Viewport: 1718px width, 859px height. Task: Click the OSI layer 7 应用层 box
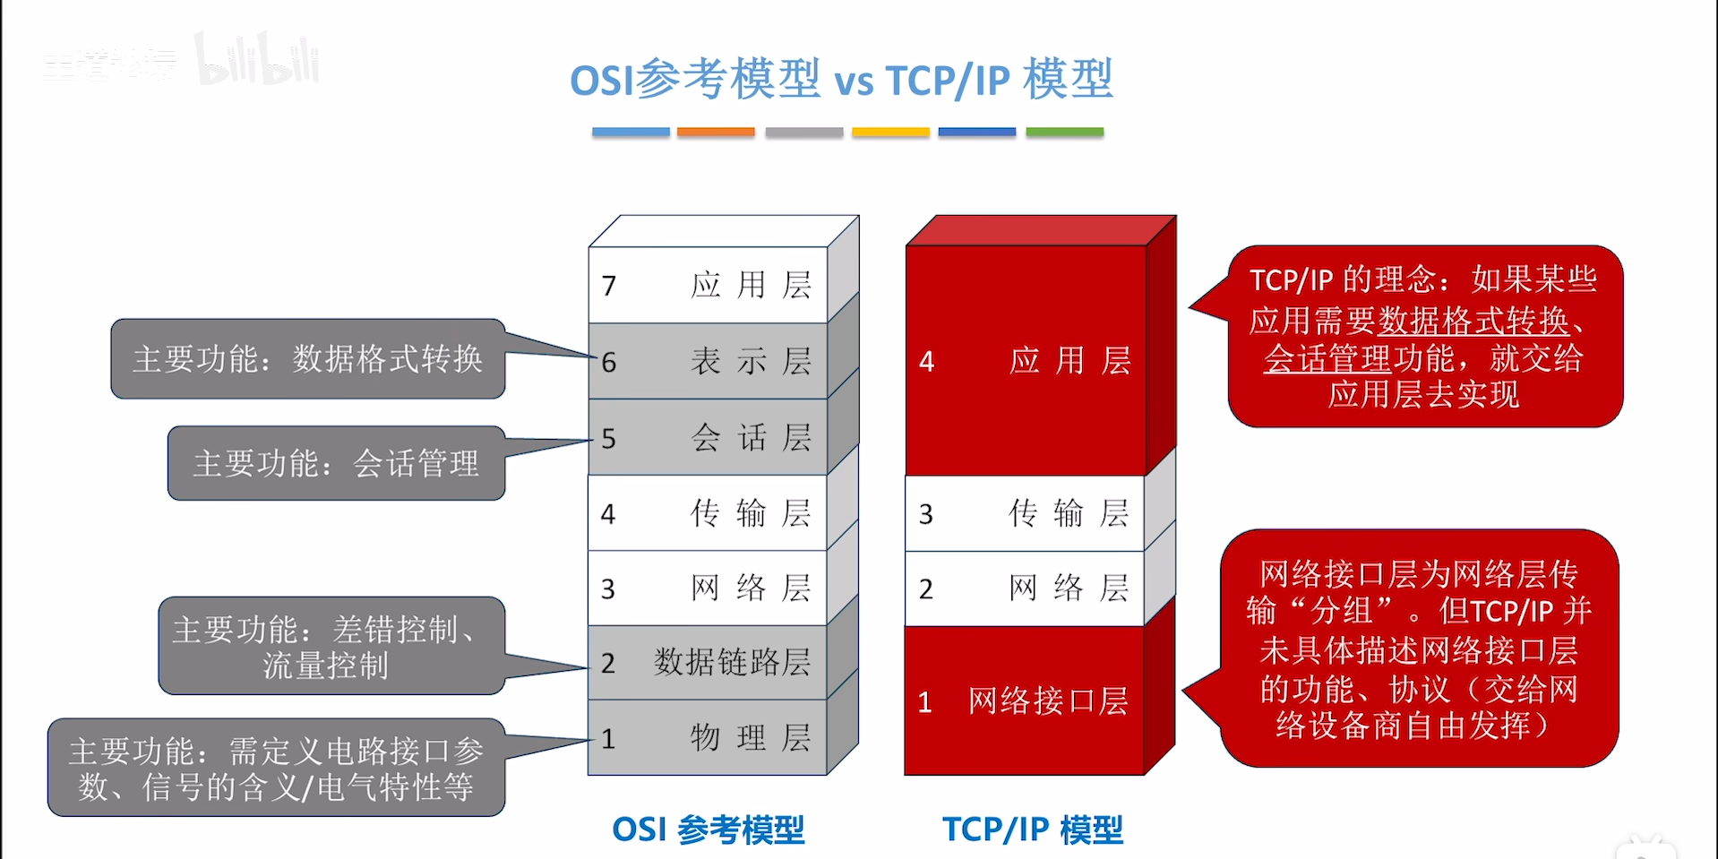[x=708, y=285]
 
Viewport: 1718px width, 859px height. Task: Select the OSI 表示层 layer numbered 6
[x=708, y=361]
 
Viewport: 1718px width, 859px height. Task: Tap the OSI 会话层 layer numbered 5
[x=708, y=437]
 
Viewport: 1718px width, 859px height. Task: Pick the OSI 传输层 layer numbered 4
[x=708, y=513]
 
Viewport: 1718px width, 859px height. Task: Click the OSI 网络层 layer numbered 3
[x=708, y=588]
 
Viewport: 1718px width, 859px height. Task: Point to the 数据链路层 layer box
[x=708, y=663]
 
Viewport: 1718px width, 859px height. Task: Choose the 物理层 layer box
[x=708, y=738]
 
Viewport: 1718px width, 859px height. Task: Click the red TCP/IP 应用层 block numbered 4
[x=1026, y=360]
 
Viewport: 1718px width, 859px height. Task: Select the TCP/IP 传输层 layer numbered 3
[x=1026, y=513]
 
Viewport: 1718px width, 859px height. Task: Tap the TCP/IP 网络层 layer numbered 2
[x=1026, y=588]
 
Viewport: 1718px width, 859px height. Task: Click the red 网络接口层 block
[x=1026, y=700]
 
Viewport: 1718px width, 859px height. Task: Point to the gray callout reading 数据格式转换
[x=307, y=359]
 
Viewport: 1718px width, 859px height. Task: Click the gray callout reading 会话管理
[x=336, y=463]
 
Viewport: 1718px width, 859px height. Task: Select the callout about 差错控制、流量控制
[x=331, y=646]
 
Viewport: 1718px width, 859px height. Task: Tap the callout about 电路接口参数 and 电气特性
[x=276, y=768]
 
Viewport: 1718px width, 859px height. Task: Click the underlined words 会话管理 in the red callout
[x=1327, y=358]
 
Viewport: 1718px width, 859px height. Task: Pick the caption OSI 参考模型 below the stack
[x=708, y=829]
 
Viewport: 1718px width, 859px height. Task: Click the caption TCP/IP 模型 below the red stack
[x=1032, y=829]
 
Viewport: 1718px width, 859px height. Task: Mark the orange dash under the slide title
[x=716, y=132]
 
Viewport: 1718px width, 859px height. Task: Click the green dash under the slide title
[x=1064, y=132]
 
